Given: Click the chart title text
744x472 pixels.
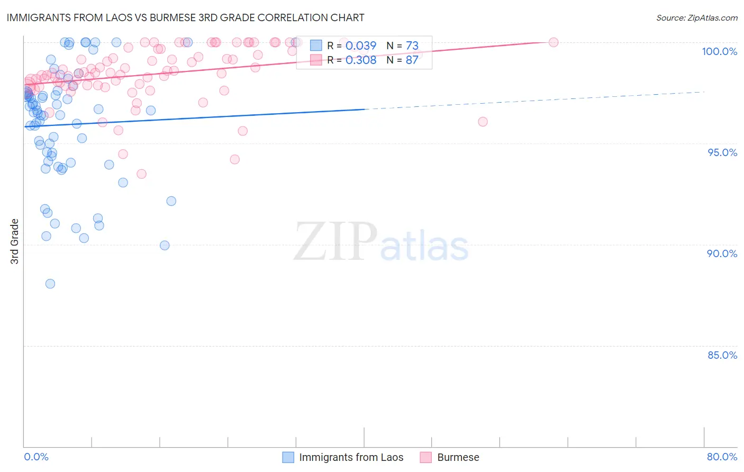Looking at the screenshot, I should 185,17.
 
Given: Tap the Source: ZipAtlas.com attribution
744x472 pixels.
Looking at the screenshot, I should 696,18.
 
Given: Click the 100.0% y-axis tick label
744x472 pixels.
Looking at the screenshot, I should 719,51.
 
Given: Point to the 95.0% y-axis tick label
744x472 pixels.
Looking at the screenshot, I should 722,152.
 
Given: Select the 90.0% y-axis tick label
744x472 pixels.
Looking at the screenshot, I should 722,253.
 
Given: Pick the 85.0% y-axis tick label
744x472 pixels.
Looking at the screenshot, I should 722,355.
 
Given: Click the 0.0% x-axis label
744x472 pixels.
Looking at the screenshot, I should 36,457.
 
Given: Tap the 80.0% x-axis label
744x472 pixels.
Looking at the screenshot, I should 722,457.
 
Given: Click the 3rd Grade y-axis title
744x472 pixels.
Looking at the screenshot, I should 15,241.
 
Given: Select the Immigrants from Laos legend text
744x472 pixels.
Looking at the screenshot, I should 351,457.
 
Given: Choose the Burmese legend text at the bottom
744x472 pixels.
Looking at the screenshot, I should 458,457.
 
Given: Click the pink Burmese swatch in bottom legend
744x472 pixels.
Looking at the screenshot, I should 426,457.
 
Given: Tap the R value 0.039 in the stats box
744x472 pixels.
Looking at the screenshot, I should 360,46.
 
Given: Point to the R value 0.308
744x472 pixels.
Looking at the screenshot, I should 360,60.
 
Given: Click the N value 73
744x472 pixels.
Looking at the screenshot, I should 412,46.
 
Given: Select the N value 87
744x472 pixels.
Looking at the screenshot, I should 412,60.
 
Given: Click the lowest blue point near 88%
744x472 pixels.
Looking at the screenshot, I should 50,284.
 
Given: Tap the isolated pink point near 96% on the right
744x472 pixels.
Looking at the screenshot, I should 483,122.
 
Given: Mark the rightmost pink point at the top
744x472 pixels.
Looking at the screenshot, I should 554,42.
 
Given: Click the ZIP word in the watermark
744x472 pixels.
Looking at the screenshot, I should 335,242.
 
